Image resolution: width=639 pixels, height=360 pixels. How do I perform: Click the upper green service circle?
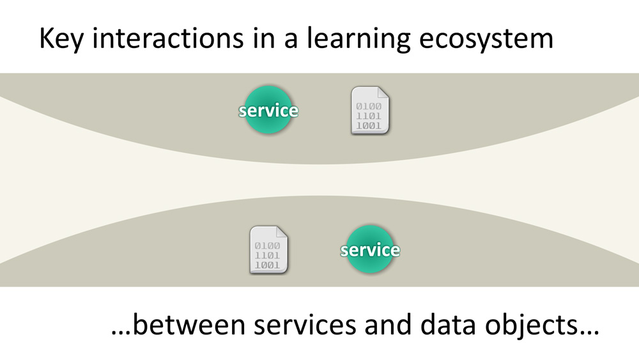tap(268, 110)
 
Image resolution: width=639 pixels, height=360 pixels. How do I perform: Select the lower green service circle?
tap(370, 249)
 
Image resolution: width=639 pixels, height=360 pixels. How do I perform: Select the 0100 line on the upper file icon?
tap(369, 106)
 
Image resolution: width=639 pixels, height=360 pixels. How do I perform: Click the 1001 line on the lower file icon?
tap(266, 265)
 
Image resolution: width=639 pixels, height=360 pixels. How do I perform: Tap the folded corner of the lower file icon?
tap(282, 233)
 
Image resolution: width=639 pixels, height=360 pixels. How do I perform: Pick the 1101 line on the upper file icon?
tap(369, 116)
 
